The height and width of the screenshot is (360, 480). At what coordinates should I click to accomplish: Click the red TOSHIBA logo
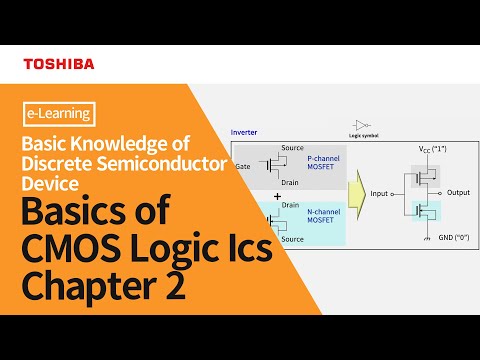[x=59, y=64]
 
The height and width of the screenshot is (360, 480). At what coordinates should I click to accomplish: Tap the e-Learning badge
[x=56, y=114]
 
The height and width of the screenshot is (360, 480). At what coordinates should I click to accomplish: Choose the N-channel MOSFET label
[x=320, y=217]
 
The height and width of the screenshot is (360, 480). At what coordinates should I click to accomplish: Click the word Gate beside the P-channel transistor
[x=243, y=167]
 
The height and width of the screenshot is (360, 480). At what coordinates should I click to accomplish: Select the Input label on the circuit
[x=380, y=193]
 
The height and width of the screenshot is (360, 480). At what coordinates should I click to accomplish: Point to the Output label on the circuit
[x=459, y=193]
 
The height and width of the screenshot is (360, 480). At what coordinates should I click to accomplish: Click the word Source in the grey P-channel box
[x=293, y=147]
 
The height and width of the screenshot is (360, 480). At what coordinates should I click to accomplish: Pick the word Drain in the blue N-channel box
[x=291, y=204]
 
